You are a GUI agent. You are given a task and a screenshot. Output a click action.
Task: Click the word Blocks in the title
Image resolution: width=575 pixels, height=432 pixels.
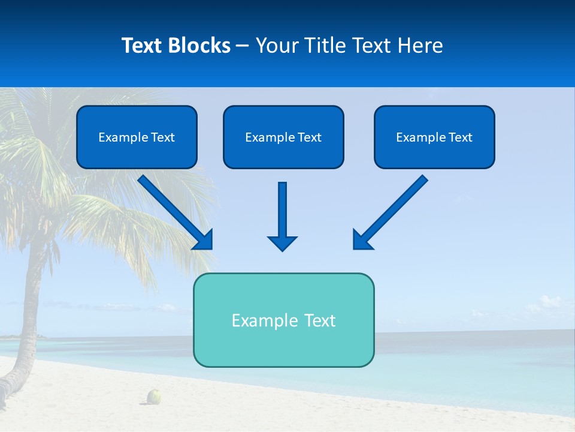pyautogui.click(x=199, y=46)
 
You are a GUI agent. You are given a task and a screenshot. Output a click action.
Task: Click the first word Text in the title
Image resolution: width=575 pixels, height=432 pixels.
pyautogui.click(x=144, y=46)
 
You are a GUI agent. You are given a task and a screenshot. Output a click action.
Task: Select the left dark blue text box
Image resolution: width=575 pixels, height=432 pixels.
pyautogui.click(x=137, y=155)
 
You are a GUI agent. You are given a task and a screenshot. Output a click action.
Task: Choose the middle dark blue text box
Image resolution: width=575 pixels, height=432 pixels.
pyautogui.click(x=283, y=155)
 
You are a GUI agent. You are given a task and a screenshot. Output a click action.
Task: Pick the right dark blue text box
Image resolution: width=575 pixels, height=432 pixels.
pyautogui.click(x=434, y=155)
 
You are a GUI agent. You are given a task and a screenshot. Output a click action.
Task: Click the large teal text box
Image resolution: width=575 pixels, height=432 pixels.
pyautogui.click(x=283, y=348)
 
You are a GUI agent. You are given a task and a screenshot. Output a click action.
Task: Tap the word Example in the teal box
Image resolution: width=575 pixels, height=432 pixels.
pyautogui.click(x=259, y=320)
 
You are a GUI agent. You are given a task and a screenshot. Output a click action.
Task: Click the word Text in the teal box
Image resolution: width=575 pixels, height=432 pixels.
pyautogui.click(x=320, y=320)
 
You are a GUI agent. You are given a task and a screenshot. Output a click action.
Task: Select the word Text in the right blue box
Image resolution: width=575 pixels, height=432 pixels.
pyautogui.click(x=460, y=137)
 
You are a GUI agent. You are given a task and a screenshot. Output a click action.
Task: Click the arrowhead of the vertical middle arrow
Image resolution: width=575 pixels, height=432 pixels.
pyautogui.click(x=282, y=243)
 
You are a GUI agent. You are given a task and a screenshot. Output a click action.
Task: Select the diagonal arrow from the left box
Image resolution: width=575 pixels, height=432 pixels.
pyautogui.click(x=174, y=210)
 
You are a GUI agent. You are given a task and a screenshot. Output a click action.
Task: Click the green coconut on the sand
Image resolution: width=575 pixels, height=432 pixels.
pyautogui.click(x=155, y=396)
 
